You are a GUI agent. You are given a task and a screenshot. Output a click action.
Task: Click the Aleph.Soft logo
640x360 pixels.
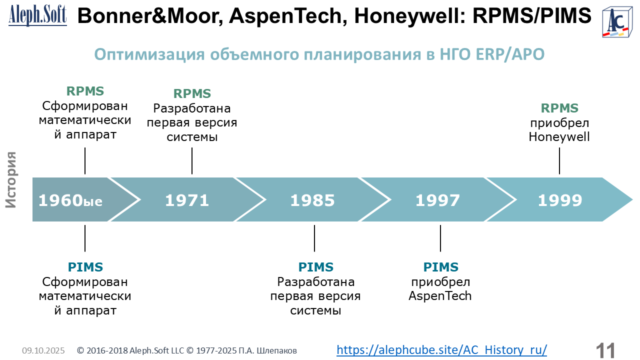click(x=37, y=16)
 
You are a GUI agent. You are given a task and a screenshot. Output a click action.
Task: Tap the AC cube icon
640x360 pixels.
click(x=617, y=22)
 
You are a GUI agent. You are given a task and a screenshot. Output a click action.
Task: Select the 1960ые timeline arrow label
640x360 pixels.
click(x=70, y=200)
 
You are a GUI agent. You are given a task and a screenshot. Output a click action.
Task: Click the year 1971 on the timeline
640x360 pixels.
click(x=187, y=200)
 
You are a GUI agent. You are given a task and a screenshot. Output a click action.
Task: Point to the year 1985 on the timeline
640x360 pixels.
click(x=312, y=200)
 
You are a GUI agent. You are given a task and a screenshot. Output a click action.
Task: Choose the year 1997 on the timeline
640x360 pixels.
click(x=437, y=200)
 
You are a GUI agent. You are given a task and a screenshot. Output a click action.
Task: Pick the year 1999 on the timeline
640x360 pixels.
click(x=560, y=200)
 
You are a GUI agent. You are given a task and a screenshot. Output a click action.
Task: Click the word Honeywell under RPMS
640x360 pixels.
click(x=559, y=137)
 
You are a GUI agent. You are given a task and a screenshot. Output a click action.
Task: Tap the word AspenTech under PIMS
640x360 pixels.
click(x=440, y=296)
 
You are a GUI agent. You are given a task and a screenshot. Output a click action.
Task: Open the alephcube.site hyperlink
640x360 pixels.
click(x=441, y=349)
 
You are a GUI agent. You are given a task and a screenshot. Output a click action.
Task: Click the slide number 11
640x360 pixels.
click(x=605, y=351)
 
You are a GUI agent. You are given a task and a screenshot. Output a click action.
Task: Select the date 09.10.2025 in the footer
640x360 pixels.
click(x=43, y=350)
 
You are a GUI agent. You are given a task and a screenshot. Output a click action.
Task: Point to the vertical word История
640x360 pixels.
click(x=11, y=179)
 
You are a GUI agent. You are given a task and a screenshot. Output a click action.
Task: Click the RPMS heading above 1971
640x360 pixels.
click(x=192, y=93)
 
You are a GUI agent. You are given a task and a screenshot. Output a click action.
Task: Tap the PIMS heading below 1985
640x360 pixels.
click(x=315, y=267)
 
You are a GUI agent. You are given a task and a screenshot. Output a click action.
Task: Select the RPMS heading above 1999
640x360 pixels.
click(x=559, y=108)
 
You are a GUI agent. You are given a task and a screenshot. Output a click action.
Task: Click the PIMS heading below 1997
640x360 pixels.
click(x=440, y=267)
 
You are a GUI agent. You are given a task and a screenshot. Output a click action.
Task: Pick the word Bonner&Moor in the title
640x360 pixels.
click(x=150, y=16)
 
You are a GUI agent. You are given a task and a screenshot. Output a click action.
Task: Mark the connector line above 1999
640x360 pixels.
click(x=559, y=161)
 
